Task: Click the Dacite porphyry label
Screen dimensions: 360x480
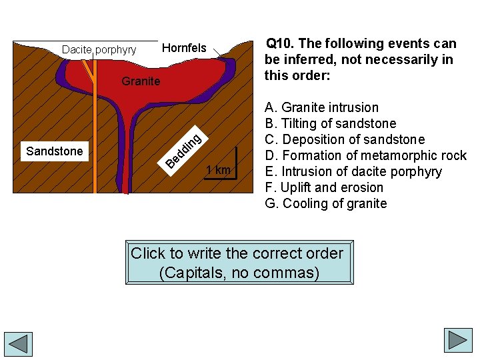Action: pyautogui.click(x=99, y=50)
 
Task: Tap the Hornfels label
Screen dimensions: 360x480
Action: pyautogui.click(x=185, y=48)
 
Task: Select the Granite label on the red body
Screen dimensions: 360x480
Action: pyautogui.click(x=141, y=81)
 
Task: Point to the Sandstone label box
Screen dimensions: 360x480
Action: pyautogui.click(x=55, y=151)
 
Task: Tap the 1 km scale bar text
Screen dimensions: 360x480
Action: pyautogui.click(x=218, y=170)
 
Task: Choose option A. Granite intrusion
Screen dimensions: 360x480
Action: pyautogui.click(x=321, y=107)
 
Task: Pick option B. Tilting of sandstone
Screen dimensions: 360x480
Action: pyautogui.click(x=330, y=123)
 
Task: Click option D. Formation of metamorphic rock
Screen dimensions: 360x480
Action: pyautogui.click(x=365, y=155)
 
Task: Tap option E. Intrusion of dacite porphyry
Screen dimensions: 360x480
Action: pyautogui.click(x=353, y=171)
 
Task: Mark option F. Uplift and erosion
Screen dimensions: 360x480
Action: pyautogui.click(x=324, y=187)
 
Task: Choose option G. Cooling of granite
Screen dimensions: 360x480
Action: pyautogui.click(x=325, y=203)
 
